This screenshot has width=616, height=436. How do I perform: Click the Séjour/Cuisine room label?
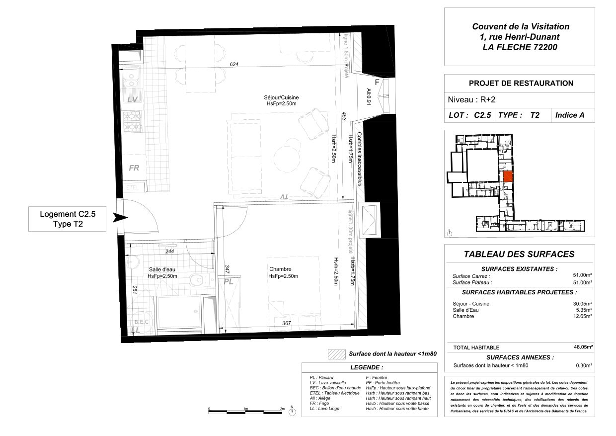pos(282,97)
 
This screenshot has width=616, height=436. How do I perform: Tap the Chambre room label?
pos(280,269)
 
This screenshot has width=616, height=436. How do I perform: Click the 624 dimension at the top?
pos(234,65)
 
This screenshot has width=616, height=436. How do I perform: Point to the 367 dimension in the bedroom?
pos(286,323)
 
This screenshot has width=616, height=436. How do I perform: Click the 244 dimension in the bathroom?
pos(169,252)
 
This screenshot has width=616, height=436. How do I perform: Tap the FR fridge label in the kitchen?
pos(134,168)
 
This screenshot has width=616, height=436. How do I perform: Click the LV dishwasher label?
pos(132,99)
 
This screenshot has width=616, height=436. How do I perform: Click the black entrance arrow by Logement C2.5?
pos(120,218)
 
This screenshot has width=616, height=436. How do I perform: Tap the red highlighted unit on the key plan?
pos(508,176)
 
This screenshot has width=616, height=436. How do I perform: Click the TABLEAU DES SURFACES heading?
pos(519,254)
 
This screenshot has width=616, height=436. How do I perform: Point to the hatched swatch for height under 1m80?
pos(336,354)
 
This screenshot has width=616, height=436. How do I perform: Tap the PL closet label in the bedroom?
pos(228,281)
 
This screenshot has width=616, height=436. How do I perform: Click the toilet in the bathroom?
pos(198,281)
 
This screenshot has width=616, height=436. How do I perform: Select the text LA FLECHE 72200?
pos(520,48)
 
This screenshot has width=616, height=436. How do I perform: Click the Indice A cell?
pos(569,115)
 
